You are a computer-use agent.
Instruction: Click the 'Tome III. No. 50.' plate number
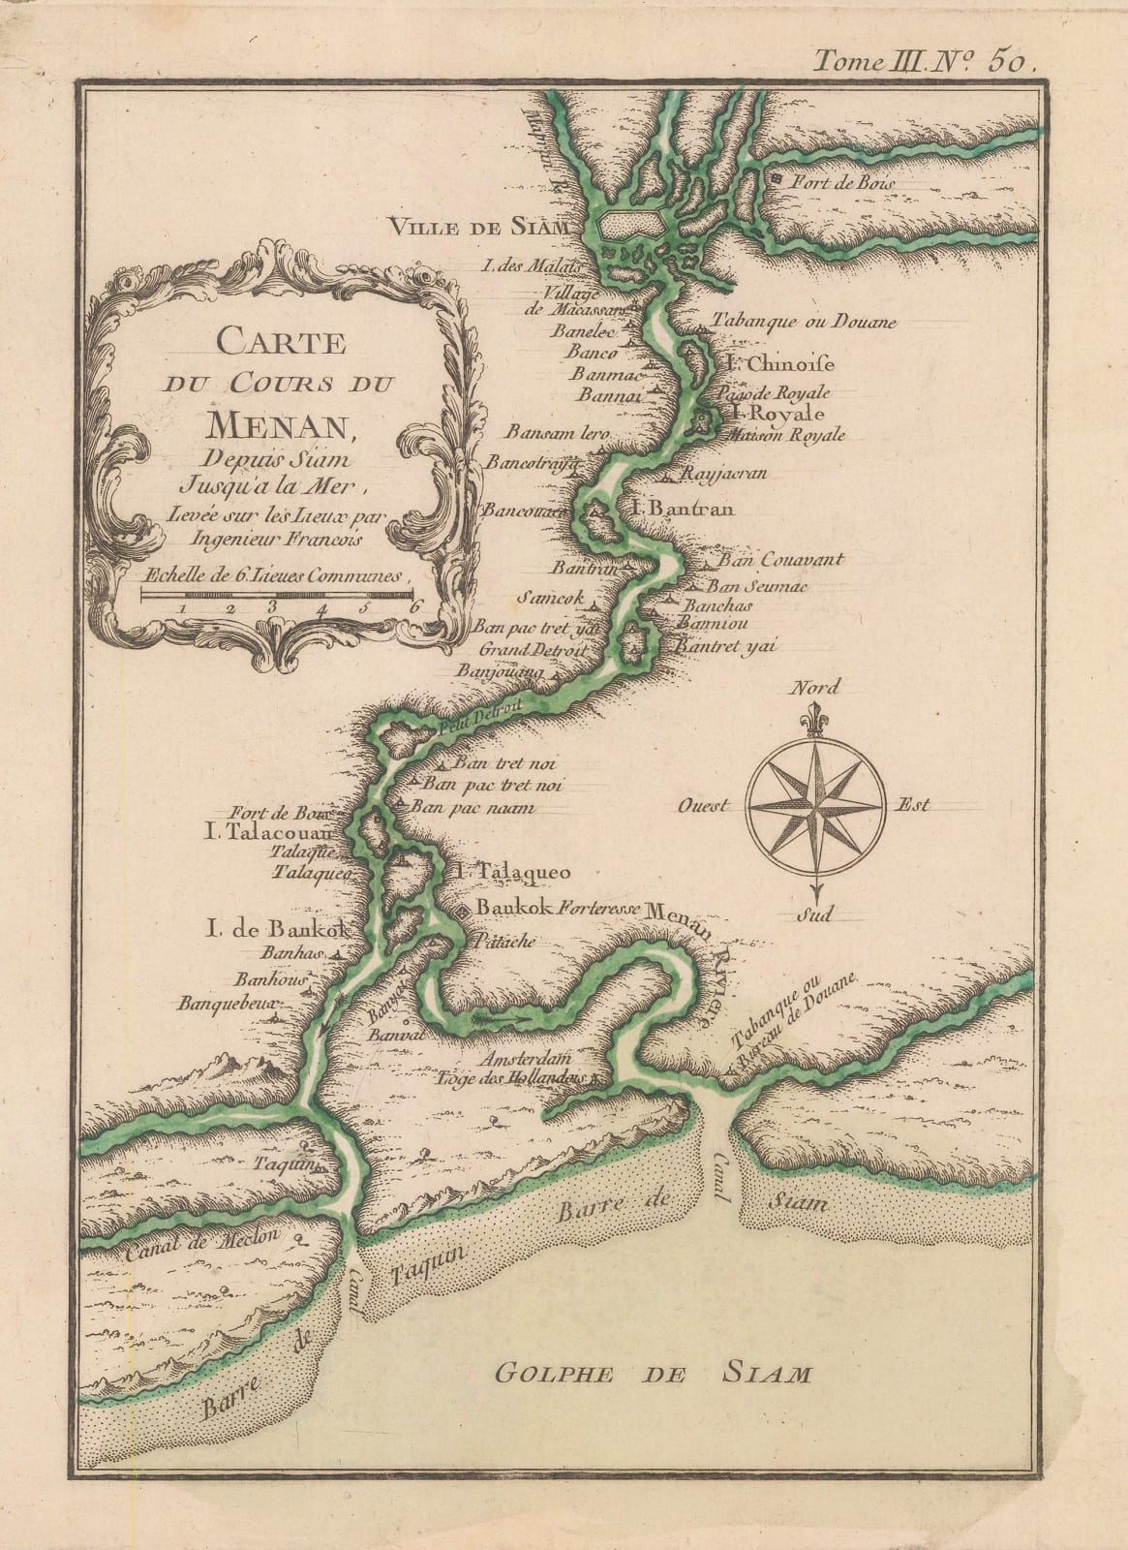coord(924,64)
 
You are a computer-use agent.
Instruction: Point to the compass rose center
coord(815,805)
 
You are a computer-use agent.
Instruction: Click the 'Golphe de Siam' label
coord(652,1373)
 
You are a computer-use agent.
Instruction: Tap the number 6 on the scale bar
coord(417,607)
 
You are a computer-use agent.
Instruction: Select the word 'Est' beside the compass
coord(913,803)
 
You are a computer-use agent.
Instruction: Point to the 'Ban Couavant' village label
coord(780,560)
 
